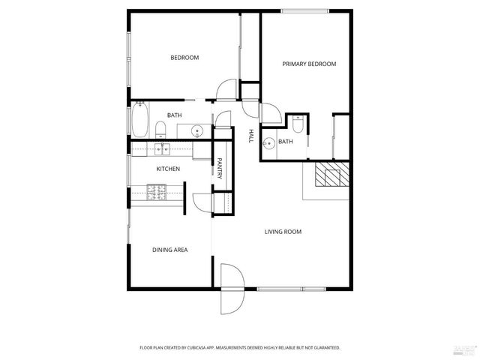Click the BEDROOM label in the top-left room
(x=184, y=58)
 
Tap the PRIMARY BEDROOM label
(x=309, y=64)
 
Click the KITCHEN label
(x=167, y=169)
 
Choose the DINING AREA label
(x=169, y=250)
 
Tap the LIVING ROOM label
(x=283, y=232)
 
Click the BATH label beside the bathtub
(x=174, y=115)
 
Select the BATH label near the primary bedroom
(x=286, y=142)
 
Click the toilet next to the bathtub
(x=160, y=127)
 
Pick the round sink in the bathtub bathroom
(x=197, y=130)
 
